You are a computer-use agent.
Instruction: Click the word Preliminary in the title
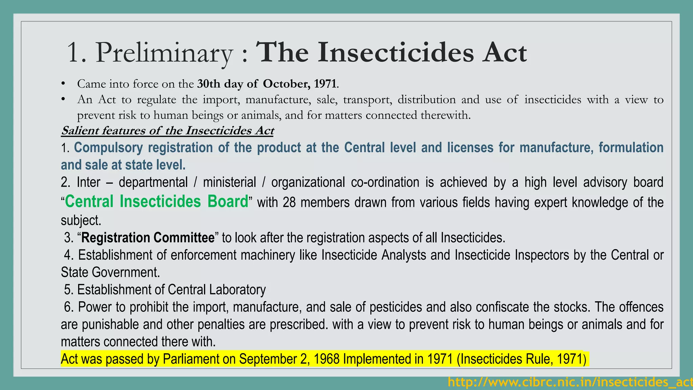tap(164, 53)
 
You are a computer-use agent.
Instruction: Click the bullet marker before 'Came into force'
tap(63, 84)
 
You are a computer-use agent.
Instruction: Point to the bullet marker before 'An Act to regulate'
tap(63, 100)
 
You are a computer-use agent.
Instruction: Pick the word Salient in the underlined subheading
tap(80, 130)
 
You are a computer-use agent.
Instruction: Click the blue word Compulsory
tap(108, 148)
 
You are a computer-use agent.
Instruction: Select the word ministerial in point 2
tap(229, 182)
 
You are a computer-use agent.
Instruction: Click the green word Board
tap(228, 201)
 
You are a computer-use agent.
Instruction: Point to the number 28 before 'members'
tap(289, 202)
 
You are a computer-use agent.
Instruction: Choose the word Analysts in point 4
tap(404, 255)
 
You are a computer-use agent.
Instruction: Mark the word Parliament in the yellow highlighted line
tap(191, 359)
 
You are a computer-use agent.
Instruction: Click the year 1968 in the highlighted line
tap(327, 359)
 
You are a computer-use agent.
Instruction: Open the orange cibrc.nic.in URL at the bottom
tap(570, 382)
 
